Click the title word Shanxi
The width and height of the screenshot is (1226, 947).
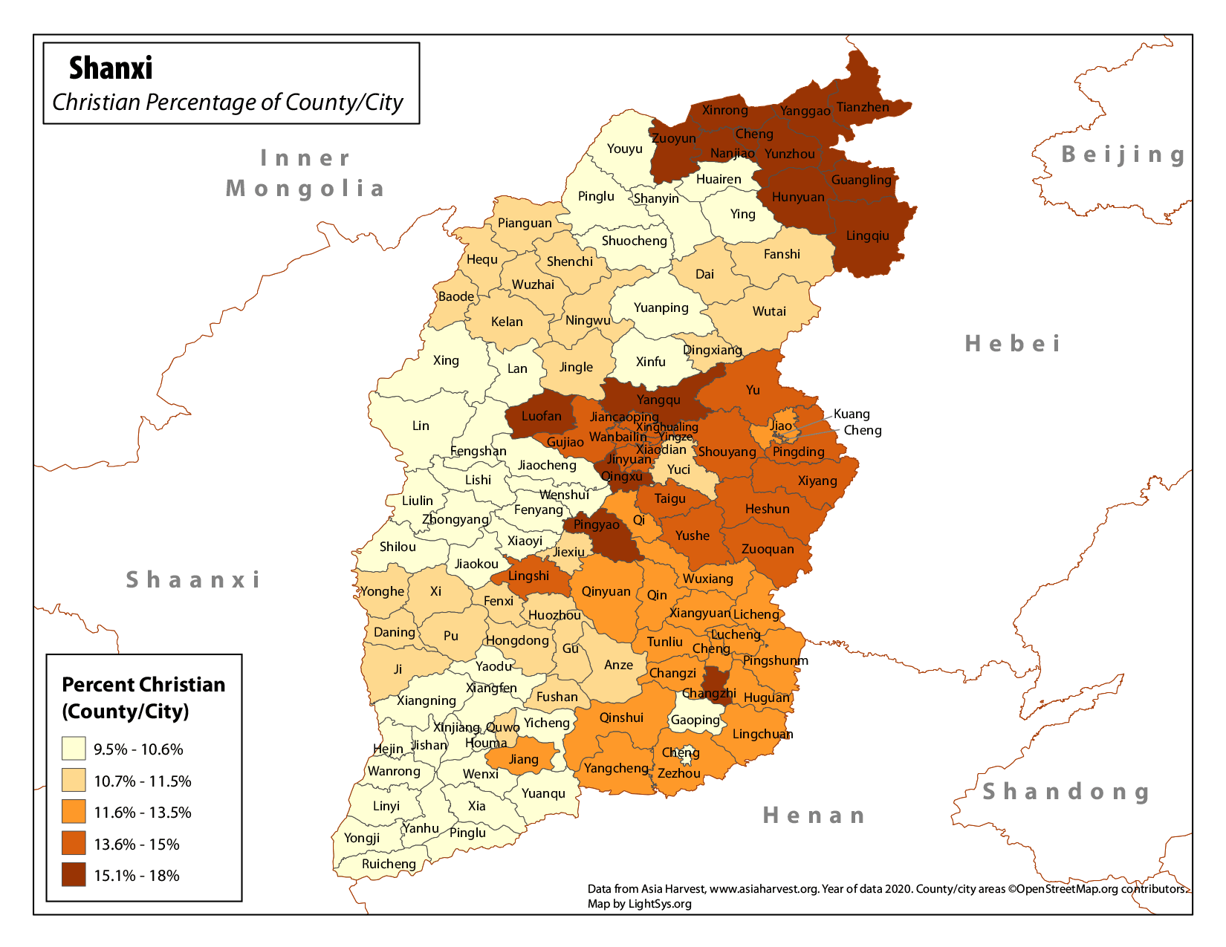[111, 68]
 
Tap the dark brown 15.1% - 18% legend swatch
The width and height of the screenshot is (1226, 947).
[74, 875]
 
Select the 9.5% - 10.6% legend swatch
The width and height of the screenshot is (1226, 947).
[74, 749]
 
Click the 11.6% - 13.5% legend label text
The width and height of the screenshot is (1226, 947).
[142, 813]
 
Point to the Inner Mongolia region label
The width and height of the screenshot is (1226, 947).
[305, 173]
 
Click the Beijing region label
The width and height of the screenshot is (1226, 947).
[1123, 154]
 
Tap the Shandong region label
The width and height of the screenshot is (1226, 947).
[1067, 792]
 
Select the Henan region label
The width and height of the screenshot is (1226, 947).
[814, 816]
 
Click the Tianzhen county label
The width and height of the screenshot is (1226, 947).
[863, 107]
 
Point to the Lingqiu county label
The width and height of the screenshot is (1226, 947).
[867, 236]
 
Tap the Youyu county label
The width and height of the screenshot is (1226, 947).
[624, 149]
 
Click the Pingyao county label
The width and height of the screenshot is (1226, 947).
[596, 525]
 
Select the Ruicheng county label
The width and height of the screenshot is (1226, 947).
[389, 864]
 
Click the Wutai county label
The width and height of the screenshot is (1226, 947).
[769, 311]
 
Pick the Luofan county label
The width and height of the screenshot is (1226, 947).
[541, 416]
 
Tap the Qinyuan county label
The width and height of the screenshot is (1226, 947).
[606, 591]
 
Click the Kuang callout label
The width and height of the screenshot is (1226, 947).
[852, 414]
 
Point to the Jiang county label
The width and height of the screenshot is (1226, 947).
[523, 759]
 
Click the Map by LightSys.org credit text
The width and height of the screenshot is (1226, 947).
[639, 904]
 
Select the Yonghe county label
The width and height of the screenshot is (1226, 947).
[382, 591]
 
